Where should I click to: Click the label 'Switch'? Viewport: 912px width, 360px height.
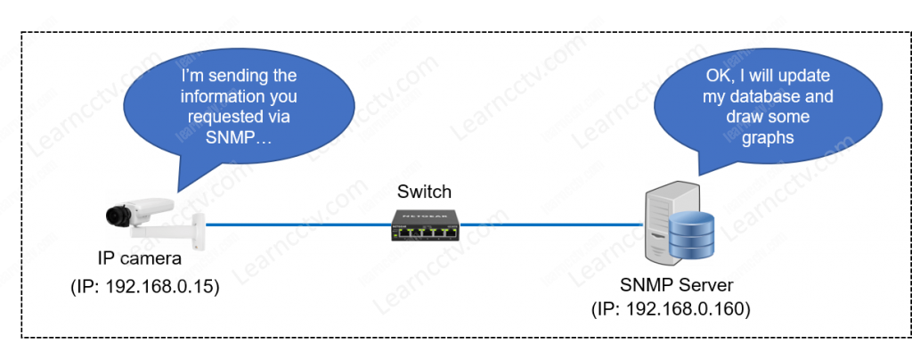point(424,192)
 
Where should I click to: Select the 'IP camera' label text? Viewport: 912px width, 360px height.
point(140,259)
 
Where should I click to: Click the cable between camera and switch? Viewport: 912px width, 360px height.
point(294,225)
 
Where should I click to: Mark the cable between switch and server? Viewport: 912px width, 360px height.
point(552,225)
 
